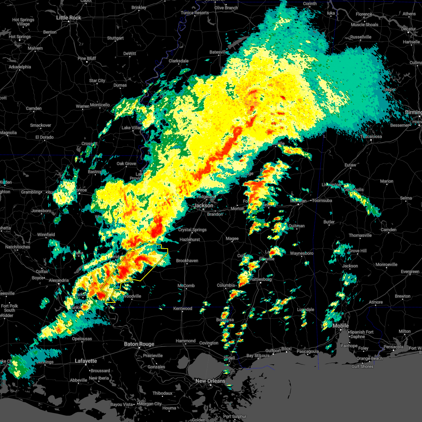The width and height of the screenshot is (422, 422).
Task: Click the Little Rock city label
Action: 69,18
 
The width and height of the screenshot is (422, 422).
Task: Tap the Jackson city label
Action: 204,205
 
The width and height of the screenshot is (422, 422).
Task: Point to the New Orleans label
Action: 210,381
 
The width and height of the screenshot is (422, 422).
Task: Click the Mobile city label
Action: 340,326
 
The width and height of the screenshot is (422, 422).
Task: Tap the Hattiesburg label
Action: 261,279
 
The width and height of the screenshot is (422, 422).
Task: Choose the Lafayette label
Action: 86,361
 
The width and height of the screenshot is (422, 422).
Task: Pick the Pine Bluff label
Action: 87,58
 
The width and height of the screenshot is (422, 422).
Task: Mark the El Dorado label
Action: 45,137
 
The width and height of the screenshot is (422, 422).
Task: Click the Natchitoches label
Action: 18,247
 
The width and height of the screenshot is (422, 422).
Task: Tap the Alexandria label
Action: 59,280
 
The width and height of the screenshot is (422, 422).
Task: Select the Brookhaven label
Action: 187,261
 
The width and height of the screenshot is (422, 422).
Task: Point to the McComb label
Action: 186,286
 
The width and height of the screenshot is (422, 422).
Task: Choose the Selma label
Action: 406,198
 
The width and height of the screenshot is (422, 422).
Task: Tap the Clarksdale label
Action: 179,61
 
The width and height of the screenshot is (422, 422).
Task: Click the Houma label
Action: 169,408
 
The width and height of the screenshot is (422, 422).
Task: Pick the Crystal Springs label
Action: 192,230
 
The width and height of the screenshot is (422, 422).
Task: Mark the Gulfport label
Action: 273,351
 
